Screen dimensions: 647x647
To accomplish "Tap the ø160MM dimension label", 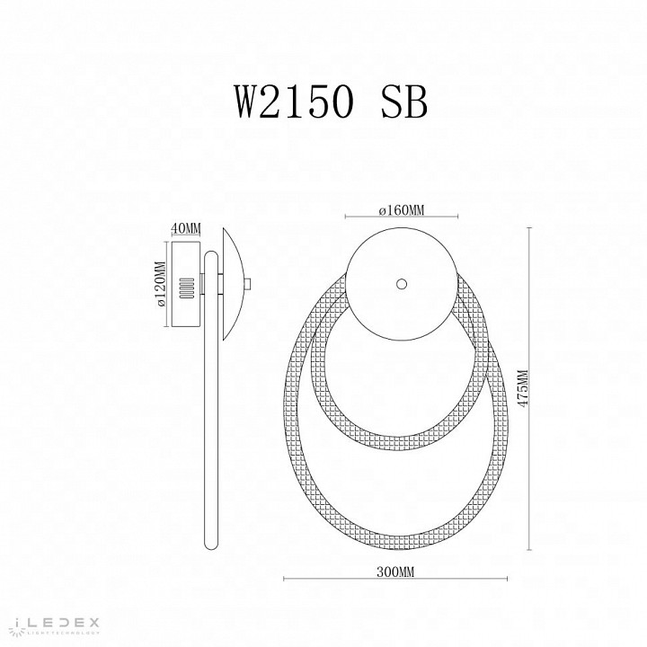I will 401,209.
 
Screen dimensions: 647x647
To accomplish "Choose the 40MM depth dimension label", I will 186,227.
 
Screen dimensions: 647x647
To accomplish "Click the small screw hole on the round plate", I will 402,284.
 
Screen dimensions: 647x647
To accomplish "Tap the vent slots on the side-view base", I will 186,288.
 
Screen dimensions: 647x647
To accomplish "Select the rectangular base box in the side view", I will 186,285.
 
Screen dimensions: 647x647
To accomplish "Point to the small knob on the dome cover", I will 247,285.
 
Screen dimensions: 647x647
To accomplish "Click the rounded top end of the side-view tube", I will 210,255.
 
